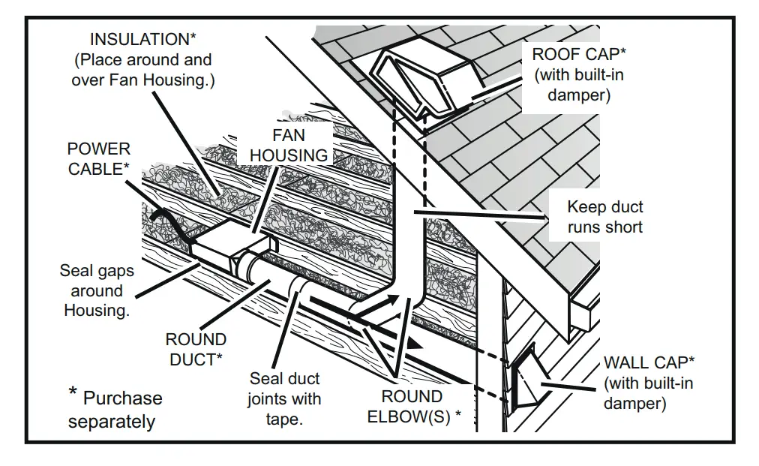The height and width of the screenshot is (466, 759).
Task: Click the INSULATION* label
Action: (142, 40)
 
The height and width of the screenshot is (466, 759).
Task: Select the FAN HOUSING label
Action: (289, 145)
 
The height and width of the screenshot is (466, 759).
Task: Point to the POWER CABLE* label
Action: (99, 159)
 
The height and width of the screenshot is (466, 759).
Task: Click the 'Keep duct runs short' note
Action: (604, 216)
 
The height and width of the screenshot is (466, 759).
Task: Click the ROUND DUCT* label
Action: (196, 350)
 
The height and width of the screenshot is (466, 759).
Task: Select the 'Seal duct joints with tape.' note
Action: (284, 398)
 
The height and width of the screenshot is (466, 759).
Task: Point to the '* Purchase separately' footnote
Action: (114, 409)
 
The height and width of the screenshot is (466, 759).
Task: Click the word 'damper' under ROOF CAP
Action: (578, 95)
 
